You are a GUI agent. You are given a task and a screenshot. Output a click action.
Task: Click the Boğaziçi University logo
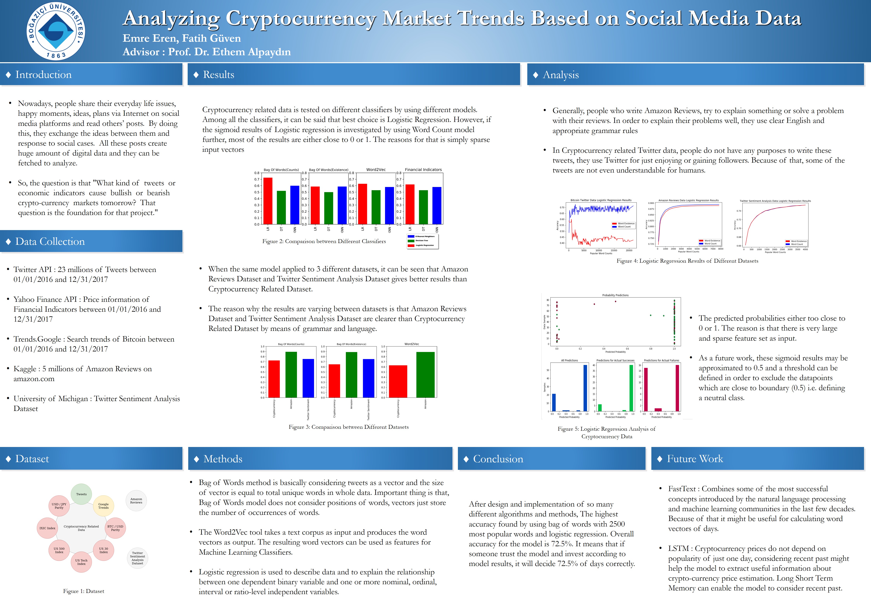click(x=56, y=31)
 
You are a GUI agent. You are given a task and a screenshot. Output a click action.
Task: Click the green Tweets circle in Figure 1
click(x=81, y=494)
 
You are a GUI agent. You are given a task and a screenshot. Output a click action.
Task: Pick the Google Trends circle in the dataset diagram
click(x=104, y=506)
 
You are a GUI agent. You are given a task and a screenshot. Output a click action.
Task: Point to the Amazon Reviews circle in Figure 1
click(x=136, y=501)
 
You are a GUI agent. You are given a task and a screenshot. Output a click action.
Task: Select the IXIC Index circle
click(x=47, y=528)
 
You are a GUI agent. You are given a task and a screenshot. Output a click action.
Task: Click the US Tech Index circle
click(x=81, y=562)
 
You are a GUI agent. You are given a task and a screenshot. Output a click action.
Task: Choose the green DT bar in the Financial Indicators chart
click(x=423, y=207)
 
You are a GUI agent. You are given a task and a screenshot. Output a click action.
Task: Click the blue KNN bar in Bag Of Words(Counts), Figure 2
click(x=295, y=205)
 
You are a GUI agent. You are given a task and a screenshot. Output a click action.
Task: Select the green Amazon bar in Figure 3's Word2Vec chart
click(x=425, y=375)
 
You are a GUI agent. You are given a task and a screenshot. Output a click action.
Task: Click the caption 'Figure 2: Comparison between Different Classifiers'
click(x=324, y=241)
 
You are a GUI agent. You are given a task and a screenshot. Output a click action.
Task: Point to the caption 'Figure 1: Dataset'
click(x=84, y=591)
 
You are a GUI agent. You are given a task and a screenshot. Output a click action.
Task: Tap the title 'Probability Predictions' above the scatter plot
click(x=615, y=295)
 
